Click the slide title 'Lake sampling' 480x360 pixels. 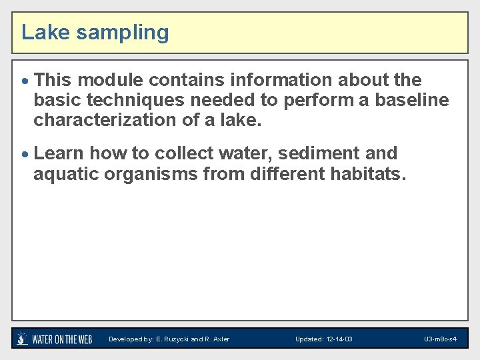coord(95,32)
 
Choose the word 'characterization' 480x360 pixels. coord(101,120)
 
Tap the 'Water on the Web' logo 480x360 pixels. coord(55,339)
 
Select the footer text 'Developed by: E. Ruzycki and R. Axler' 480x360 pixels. coord(169,339)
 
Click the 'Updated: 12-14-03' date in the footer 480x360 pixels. coord(324,339)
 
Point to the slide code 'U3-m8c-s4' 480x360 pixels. coord(440,339)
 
